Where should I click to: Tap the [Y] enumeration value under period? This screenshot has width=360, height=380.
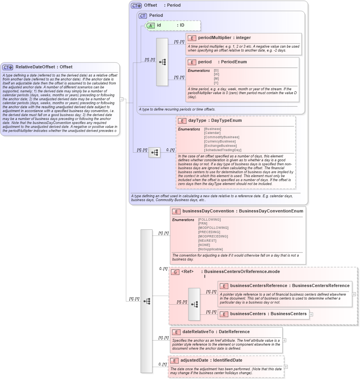tap(216, 83)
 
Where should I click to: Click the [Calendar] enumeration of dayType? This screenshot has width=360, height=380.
tap(212, 133)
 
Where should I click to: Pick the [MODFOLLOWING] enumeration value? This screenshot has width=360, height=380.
tap(213, 228)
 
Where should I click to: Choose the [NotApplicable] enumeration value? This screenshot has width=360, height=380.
tap(210, 249)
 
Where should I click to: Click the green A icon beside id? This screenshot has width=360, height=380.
tap(151, 25)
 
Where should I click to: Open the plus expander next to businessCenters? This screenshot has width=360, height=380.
tap(311, 314)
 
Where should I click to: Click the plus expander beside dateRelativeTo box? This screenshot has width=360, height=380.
tap(284, 340)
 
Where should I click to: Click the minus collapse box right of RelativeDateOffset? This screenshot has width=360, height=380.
tap(122, 99)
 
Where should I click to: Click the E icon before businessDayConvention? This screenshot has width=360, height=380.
tap(176, 211)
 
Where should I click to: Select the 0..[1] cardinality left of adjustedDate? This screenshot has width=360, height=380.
tap(163, 364)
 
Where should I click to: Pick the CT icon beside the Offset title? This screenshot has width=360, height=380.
tap(136, 5)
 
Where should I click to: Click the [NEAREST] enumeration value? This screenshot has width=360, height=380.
tap(207, 241)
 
